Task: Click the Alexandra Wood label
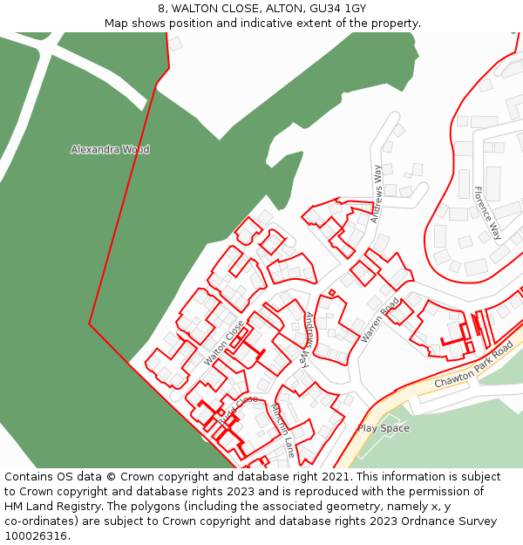coord(110,150)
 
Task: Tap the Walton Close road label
coord(224,343)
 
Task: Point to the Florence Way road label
coord(487,214)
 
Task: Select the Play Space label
coord(383,428)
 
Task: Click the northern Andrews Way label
coord(377,194)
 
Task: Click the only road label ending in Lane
coord(282,430)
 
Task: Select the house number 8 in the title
coord(163,9)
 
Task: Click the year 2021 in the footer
coord(336,477)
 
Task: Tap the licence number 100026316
coord(35,536)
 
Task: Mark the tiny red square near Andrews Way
coord(331,293)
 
